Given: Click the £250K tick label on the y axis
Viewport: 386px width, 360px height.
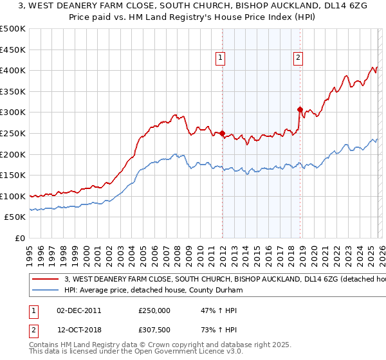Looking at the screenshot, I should [x=13, y=133].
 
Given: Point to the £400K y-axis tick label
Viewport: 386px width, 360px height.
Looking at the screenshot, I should [x=13, y=70].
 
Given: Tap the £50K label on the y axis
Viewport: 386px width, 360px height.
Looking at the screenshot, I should [x=15, y=217].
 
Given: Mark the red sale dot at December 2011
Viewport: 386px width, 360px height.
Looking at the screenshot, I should [x=223, y=134].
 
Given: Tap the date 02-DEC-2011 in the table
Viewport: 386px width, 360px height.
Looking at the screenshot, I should [x=78, y=310].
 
